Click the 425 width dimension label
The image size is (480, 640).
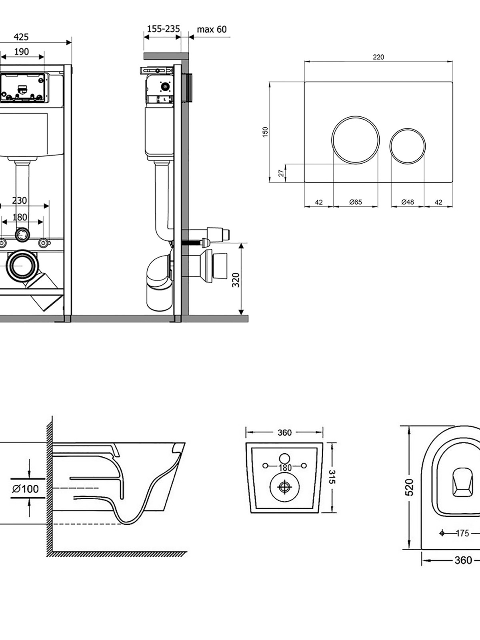pyautogui.click(x=21, y=37)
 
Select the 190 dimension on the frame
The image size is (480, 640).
pyautogui.click(x=22, y=52)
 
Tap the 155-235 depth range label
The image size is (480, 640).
pyautogui.click(x=163, y=29)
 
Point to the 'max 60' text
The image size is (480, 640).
pyautogui.click(x=212, y=29)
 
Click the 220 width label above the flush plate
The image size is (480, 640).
pyautogui.click(x=378, y=57)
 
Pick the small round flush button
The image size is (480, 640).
pyautogui.click(x=408, y=146)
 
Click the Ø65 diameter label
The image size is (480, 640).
pyautogui.click(x=355, y=202)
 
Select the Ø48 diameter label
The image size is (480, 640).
pyautogui.click(x=407, y=202)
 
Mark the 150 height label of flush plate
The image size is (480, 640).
pyautogui.click(x=265, y=132)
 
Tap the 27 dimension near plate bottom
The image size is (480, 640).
pyautogui.click(x=281, y=173)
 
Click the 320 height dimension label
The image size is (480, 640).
pyautogui.click(x=236, y=280)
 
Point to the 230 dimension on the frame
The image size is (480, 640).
pyautogui.click(x=20, y=200)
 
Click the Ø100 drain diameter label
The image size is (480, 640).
pyautogui.click(x=26, y=489)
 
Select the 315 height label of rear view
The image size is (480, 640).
pyautogui.click(x=332, y=477)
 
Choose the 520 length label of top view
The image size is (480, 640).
pyautogui.click(x=409, y=487)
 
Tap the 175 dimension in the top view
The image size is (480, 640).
pyautogui.click(x=462, y=533)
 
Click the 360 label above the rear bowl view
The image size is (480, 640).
pyautogui.click(x=284, y=432)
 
